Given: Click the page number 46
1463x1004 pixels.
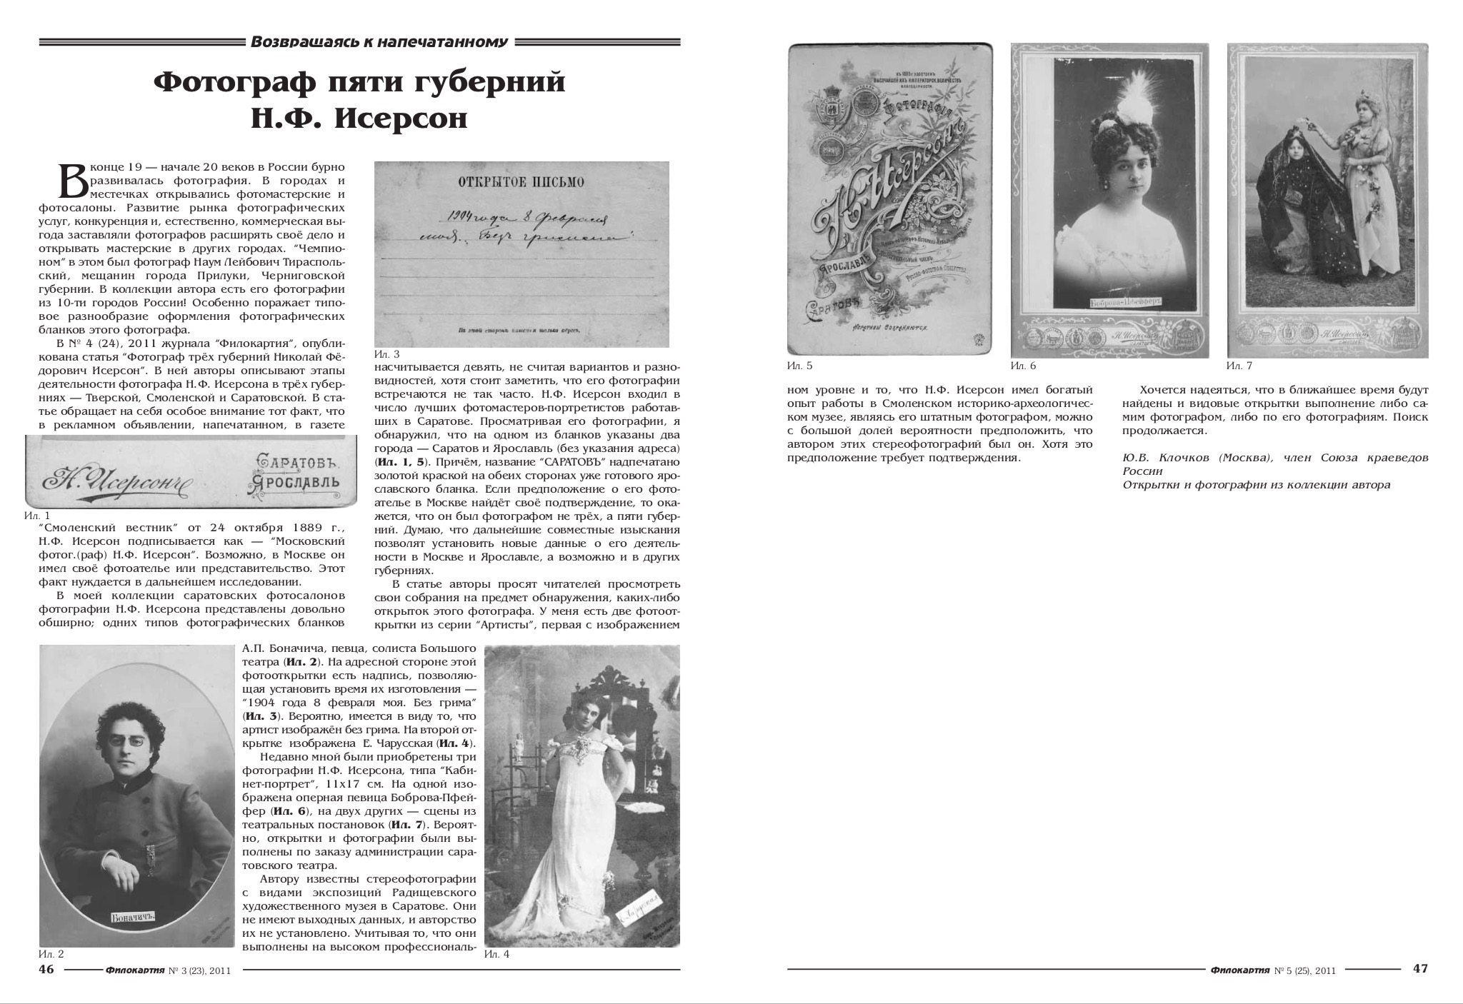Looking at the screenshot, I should [x=46, y=969].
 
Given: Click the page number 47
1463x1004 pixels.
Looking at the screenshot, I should [x=1420, y=969].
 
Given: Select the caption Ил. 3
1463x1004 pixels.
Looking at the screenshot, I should [x=386, y=354].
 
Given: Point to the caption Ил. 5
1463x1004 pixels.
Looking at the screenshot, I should [x=799, y=366].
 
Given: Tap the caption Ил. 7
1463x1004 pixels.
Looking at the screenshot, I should [x=1239, y=366].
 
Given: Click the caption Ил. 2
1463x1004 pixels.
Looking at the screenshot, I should [x=51, y=954].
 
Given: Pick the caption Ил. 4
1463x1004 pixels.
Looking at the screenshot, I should [x=496, y=954].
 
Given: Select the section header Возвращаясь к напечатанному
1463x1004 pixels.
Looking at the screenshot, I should [x=379, y=42].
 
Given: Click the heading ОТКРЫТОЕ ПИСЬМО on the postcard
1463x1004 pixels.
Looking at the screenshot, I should [x=520, y=183].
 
